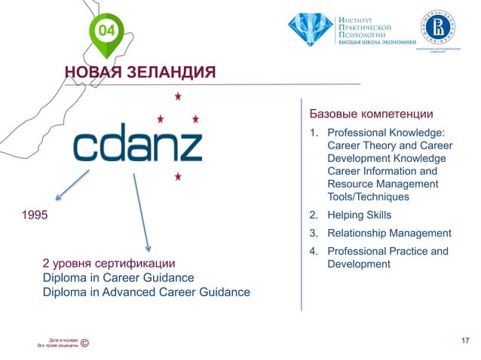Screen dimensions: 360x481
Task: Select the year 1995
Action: [34, 215]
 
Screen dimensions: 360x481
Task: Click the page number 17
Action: [464, 341]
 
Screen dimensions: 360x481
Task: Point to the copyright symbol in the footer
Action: [84, 343]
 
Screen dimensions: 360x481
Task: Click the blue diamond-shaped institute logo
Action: [309, 29]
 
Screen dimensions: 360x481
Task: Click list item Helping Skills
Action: [360, 215]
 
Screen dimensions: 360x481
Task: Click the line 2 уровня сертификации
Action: [109, 264]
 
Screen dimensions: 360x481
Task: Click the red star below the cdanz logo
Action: [178, 177]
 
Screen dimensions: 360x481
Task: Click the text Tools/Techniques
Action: [368, 197]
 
